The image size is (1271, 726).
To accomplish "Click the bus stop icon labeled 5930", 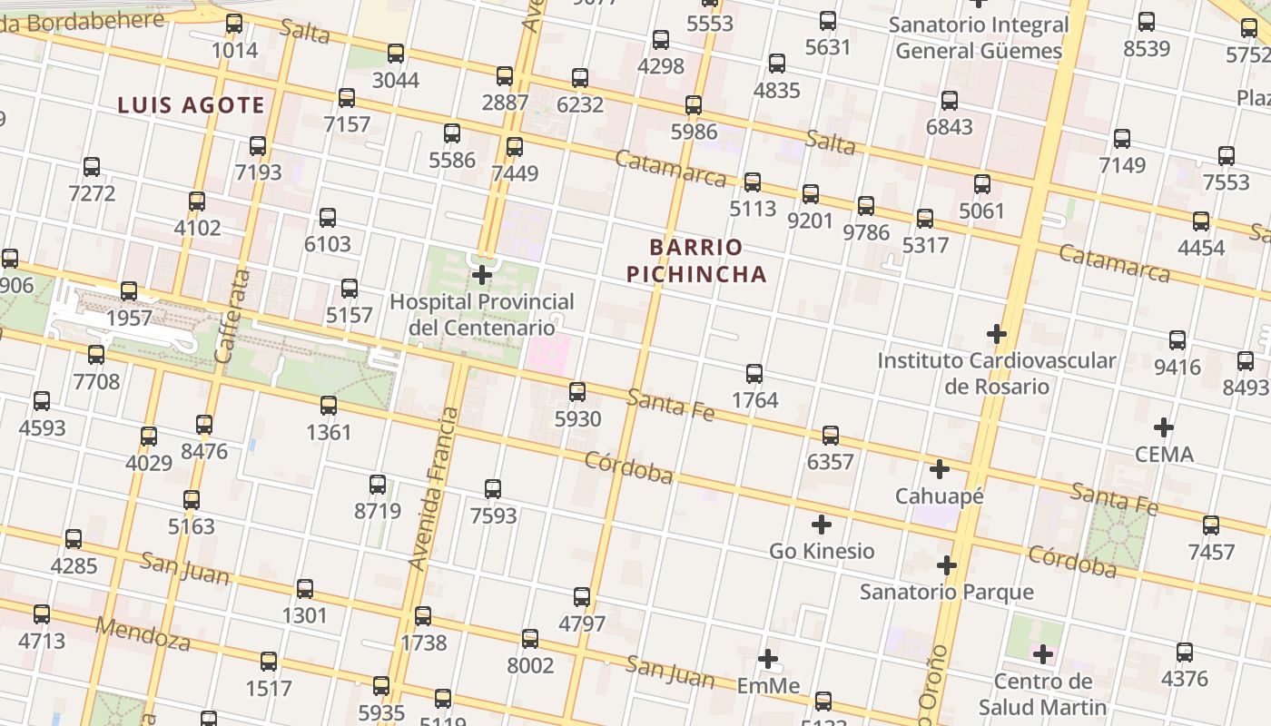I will point(577,392).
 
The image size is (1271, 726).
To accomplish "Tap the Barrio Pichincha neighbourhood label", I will point(696,260).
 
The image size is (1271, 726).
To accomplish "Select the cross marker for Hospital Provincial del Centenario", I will point(483,274).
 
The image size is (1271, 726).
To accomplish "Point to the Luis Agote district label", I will point(191,105).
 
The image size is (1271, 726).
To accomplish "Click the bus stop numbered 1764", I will point(754,373).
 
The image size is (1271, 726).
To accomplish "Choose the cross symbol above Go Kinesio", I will point(822,525).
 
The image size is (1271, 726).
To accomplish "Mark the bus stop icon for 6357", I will point(831,435).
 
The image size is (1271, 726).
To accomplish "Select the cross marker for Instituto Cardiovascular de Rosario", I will point(997,334).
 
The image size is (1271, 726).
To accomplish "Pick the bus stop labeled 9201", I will point(811,193).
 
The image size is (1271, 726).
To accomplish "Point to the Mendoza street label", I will point(143,634).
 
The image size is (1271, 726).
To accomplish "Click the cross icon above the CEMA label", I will point(1164,427).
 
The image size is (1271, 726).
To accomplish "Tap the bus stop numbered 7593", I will point(493,489).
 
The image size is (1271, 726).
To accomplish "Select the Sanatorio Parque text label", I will point(946,593).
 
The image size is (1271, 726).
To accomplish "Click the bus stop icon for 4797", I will point(582,597).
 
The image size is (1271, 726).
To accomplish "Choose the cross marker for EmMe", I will point(768,659).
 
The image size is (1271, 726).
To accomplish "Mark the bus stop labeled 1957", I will point(129,291).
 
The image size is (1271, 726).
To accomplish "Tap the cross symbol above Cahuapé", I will point(940,469).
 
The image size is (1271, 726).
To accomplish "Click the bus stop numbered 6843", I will point(950,101).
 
